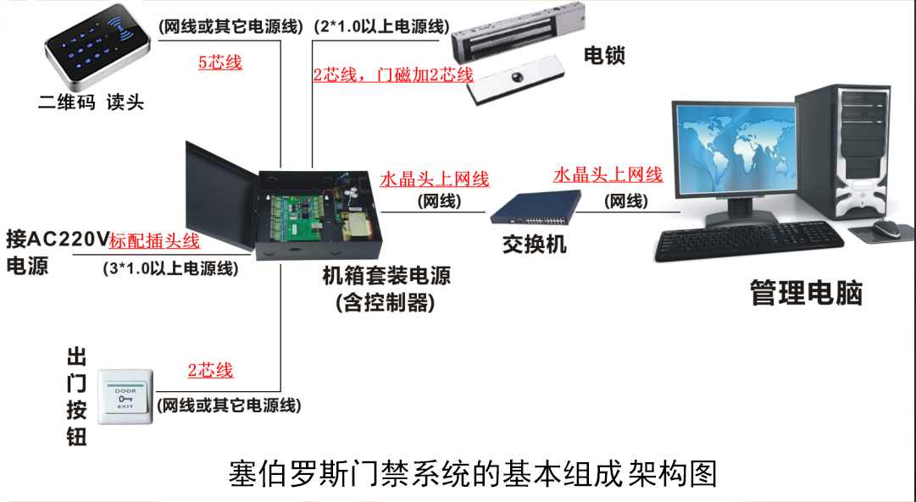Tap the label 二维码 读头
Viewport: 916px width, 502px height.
pos(91,103)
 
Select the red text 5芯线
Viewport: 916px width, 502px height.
pos(220,62)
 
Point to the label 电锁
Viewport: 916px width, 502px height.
pos(604,56)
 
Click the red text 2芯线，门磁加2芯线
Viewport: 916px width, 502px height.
pos(393,74)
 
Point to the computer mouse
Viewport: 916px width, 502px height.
pos(889,228)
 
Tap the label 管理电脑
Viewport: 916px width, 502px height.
pos(806,293)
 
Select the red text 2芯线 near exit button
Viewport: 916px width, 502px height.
pos(210,371)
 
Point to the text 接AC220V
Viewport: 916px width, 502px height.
pos(57,239)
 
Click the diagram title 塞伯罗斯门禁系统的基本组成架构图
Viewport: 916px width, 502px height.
pos(473,473)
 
